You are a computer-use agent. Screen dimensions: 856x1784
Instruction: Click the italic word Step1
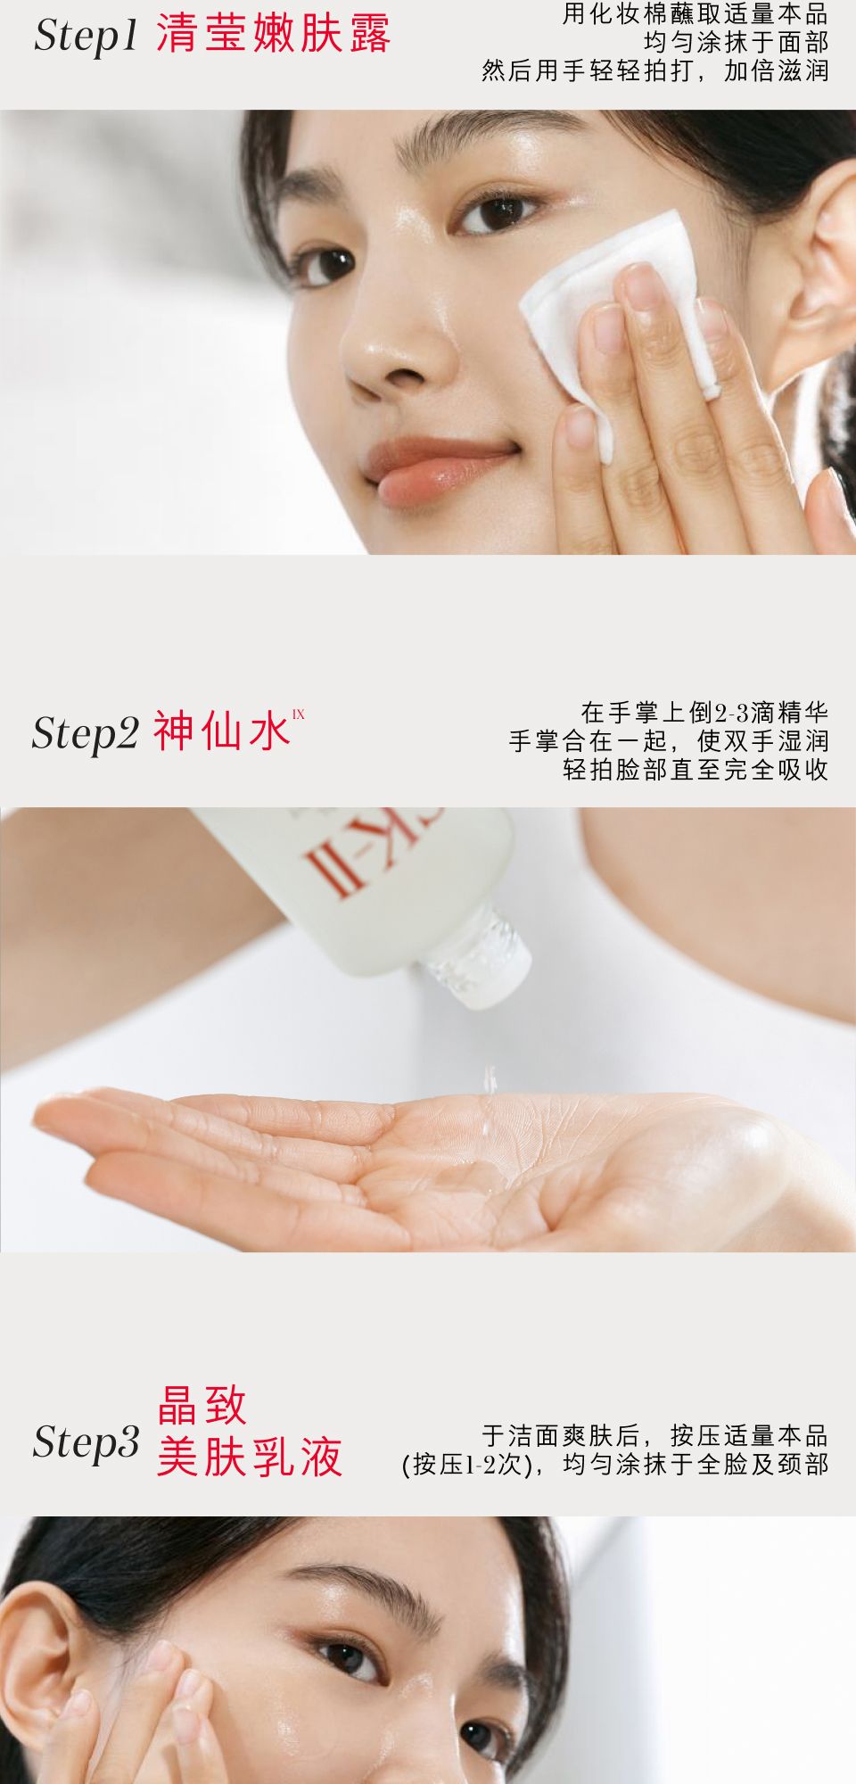(86, 37)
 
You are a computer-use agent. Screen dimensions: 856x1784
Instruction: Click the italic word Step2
(86, 733)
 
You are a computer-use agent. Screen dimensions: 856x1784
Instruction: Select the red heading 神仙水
(222, 731)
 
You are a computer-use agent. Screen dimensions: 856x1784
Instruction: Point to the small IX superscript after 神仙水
(299, 714)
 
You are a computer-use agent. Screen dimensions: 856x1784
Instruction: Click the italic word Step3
(86, 1441)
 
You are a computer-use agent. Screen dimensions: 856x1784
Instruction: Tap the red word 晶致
(202, 1406)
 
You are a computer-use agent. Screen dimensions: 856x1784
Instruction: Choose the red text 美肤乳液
(250, 1458)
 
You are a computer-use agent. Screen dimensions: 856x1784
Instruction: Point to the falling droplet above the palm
(489, 1078)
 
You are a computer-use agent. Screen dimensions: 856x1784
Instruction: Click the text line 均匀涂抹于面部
(737, 42)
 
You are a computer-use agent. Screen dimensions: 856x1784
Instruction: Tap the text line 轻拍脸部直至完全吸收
(695, 769)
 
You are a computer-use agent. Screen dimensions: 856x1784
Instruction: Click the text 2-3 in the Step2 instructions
(731, 713)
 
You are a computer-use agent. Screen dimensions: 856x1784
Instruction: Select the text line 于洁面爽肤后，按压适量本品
(655, 1435)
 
